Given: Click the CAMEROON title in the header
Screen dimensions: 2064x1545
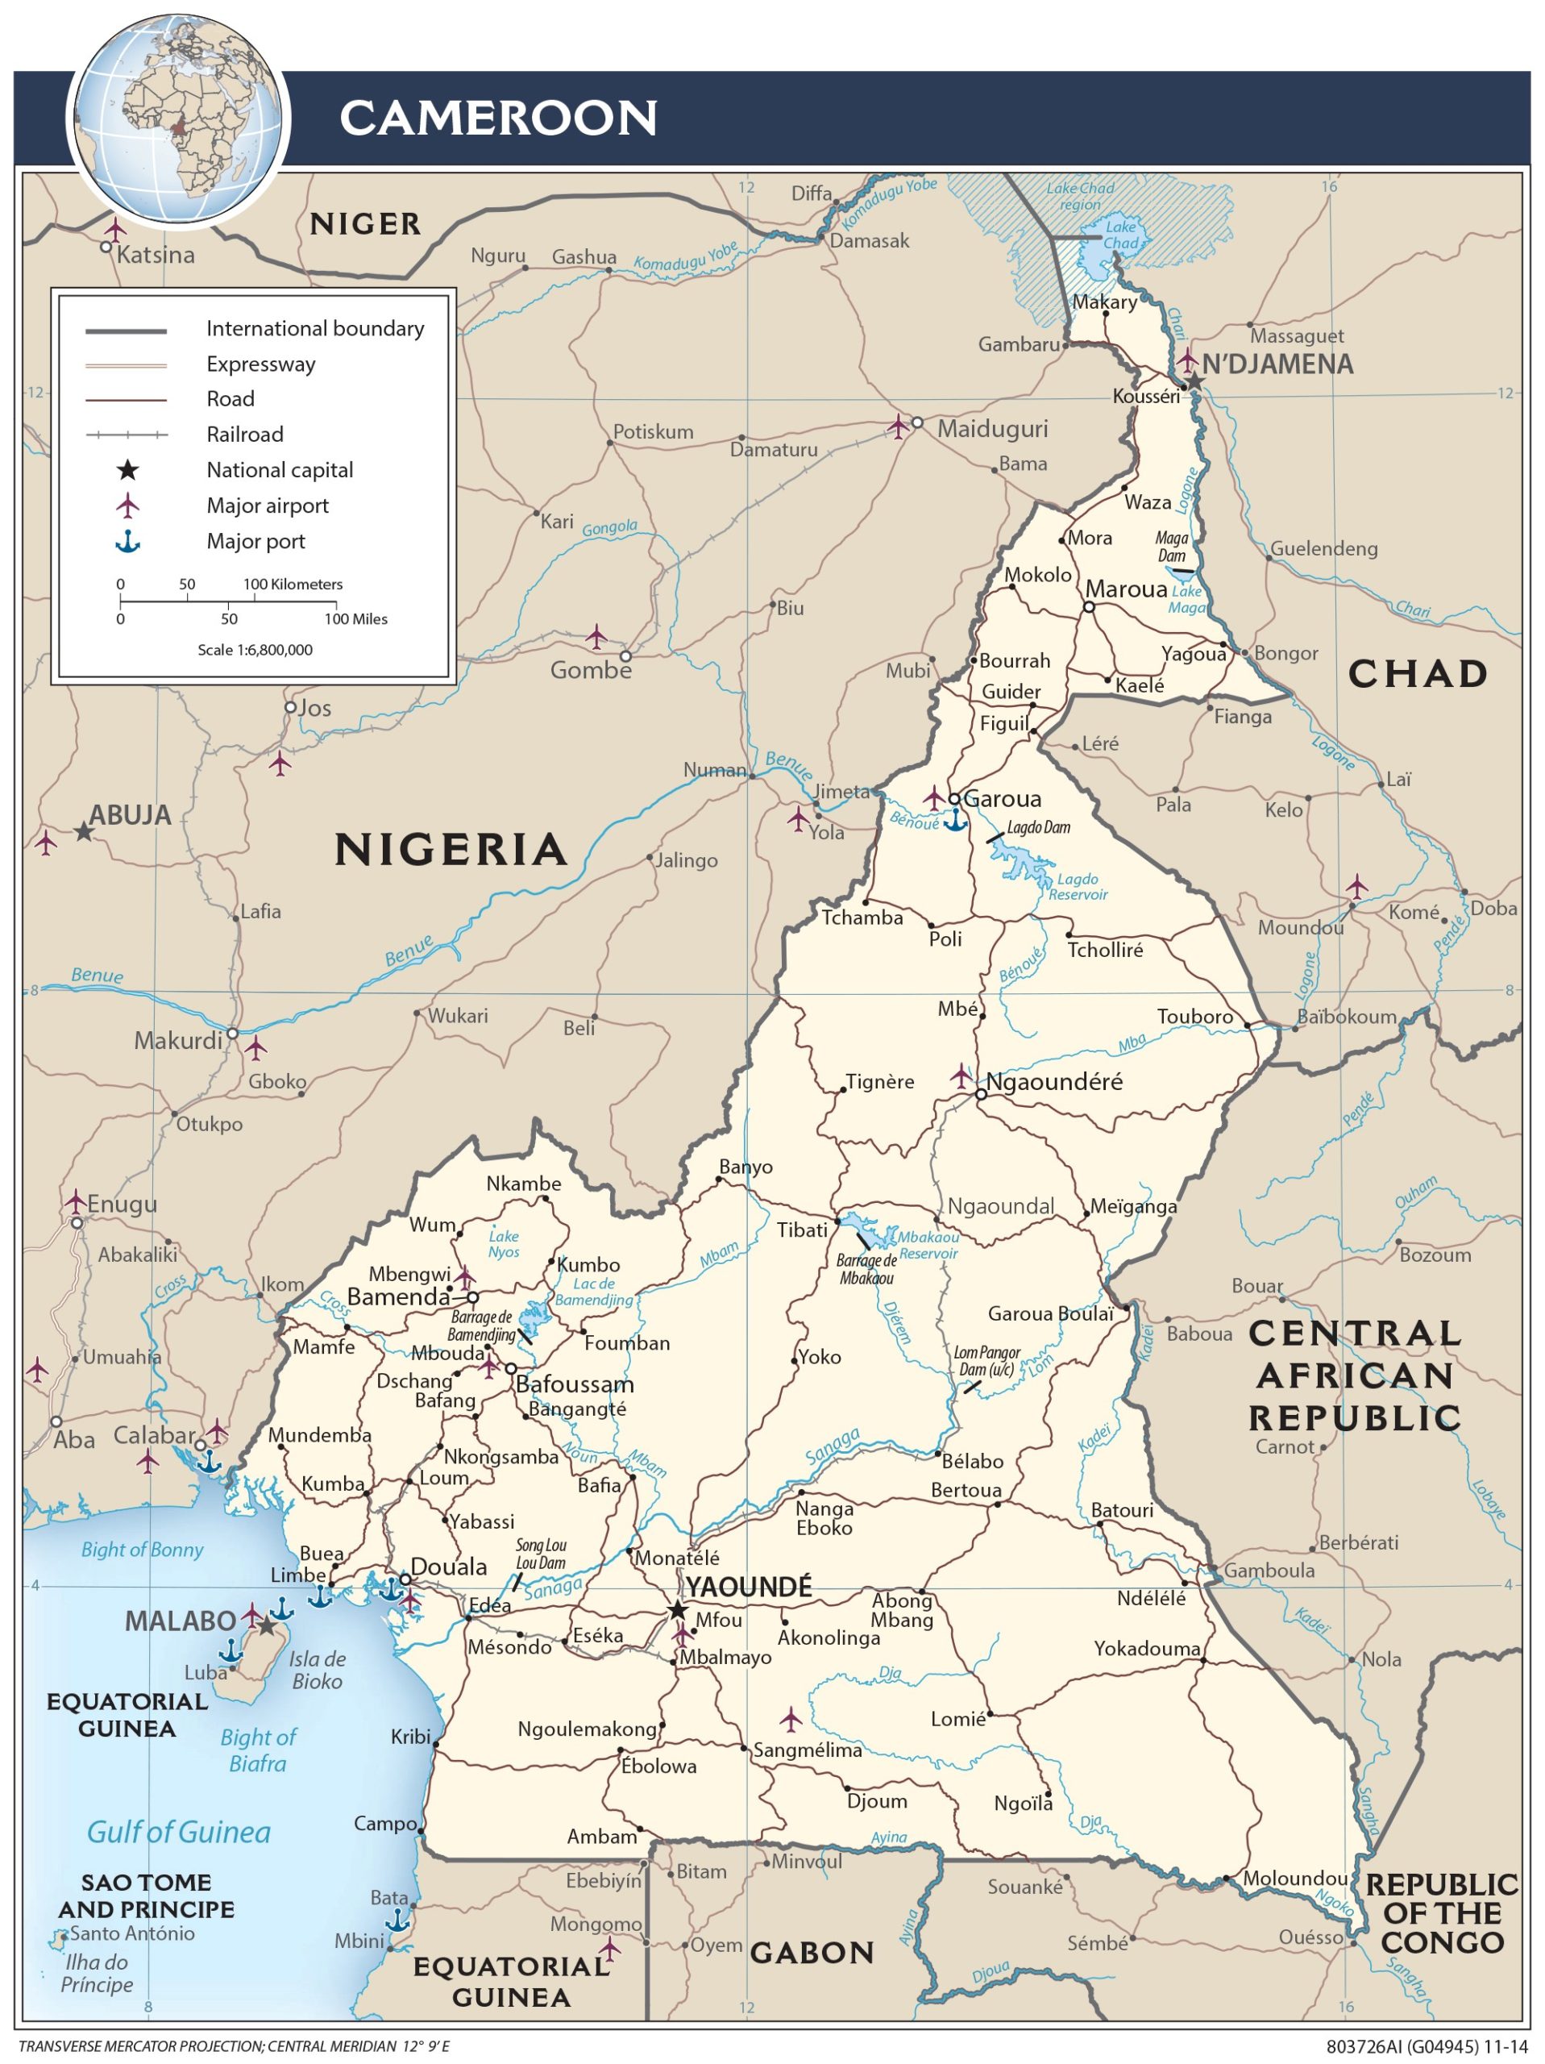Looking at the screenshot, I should pyautogui.click(x=498, y=119).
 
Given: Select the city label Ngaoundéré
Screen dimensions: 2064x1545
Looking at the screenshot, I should pyautogui.click(x=1054, y=1081).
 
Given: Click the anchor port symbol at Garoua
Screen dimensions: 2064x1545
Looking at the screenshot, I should pyautogui.click(x=953, y=820).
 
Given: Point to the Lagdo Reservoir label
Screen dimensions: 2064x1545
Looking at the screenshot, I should pyautogui.click(x=1078, y=886).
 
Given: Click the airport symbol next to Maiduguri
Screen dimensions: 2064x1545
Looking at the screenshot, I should pyautogui.click(x=898, y=427).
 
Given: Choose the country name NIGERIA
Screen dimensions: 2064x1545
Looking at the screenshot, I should pyautogui.click(x=451, y=849).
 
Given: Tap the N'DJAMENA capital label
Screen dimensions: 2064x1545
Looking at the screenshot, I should pyautogui.click(x=1277, y=365).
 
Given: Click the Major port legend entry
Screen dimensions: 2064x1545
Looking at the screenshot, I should pyautogui.click(x=255, y=541).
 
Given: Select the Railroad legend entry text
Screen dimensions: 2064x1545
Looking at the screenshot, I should pyautogui.click(x=244, y=434).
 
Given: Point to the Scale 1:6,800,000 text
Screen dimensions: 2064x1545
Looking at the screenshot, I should pyautogui.click(x=255, y=649).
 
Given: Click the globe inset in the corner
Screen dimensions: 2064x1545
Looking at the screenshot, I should pyautogui.click(x=178, y=119).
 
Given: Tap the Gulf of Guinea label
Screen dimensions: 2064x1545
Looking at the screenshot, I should pyautogui.click(x=178, y=1833).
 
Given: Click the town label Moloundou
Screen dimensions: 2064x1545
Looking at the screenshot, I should pyautogui.click(x=1295, y=1879).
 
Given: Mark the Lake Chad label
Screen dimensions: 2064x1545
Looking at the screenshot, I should pyautogui.click(x=1120, y=235).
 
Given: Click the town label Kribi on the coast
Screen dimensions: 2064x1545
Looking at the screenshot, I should pyautogui.click(x=410, y=1737).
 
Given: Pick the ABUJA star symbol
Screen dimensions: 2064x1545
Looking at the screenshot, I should pyautogui.click(x=84, y=831).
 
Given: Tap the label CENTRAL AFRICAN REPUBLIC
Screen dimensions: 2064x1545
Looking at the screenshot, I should pyautogui.click(x=1355, y=1375).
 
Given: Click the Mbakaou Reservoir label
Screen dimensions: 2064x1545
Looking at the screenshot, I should pyautogui.click(x=928, y=1245).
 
